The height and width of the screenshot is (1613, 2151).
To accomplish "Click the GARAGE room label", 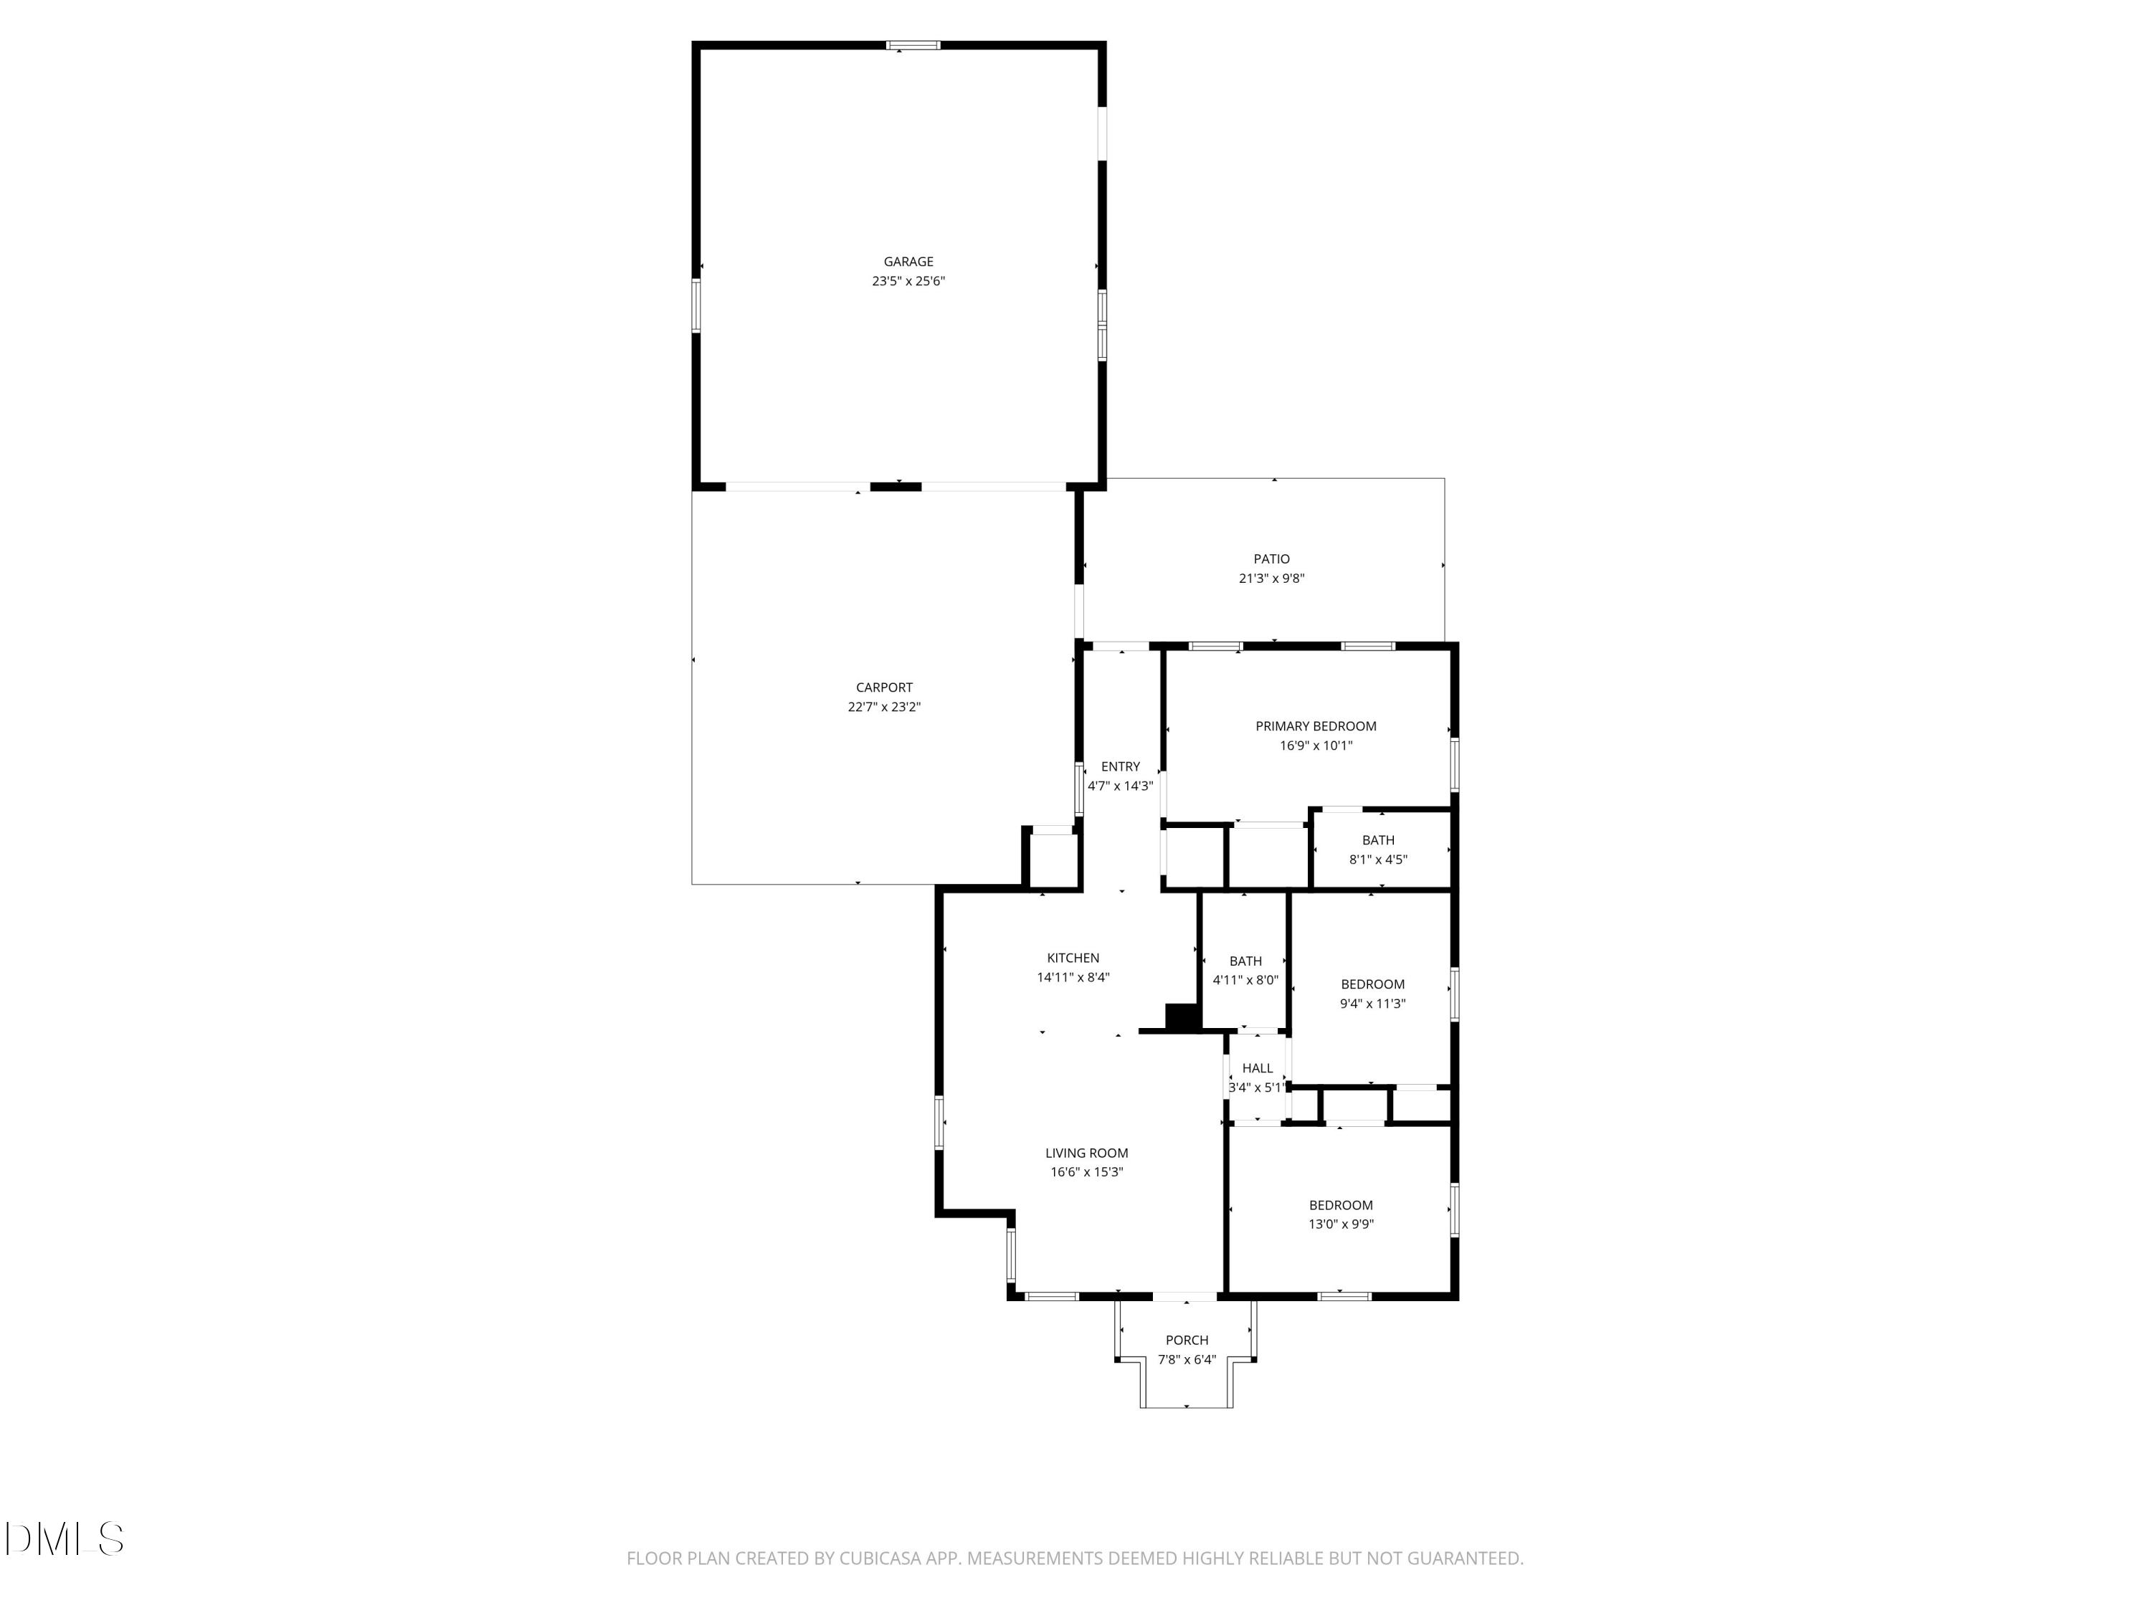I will point(908,262).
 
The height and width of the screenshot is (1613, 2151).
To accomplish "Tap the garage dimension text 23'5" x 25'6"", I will point(908,281).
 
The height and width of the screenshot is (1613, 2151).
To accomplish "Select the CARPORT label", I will point(884,687).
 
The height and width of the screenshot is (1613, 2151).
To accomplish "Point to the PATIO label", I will point(1271,559).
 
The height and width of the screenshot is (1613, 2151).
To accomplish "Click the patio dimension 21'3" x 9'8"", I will point(1271,579).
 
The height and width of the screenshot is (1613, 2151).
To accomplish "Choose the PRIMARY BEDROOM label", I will point(1316,726).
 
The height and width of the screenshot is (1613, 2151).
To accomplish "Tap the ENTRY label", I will point(1120,766).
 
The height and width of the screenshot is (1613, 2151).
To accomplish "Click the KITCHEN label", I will point(1073,958).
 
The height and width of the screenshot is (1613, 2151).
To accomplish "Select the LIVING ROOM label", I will point(1086,1153).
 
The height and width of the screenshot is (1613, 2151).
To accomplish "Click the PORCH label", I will point(1187,1340).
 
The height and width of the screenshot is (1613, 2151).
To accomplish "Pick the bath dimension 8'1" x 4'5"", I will point(1378,860).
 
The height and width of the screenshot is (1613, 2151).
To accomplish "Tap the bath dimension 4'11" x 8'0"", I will point(1245,981).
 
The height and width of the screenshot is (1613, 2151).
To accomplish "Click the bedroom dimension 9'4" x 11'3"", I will point(1372,1004).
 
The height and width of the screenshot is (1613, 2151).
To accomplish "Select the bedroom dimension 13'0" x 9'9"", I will point(1340,1224).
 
